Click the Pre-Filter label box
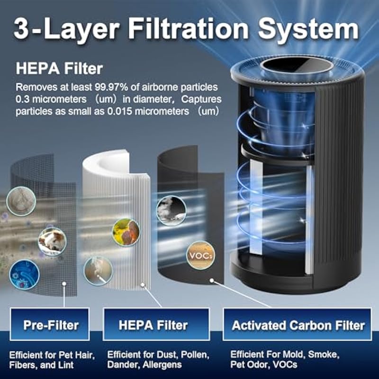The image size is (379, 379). [50, 324]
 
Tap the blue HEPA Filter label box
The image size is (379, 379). [156, 324]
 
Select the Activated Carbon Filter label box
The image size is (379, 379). [297, 324]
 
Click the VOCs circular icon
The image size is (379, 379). [200, 255]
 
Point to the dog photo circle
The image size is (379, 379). [52, 242]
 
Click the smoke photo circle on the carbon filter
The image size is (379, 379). [171, 210]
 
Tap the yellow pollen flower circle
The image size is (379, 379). [126, 232]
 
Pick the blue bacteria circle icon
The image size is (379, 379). [25, 274]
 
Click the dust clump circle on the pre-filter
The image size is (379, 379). [21, 201]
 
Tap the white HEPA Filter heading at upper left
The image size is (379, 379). [59, 68]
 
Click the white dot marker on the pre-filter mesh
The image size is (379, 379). [64, 284]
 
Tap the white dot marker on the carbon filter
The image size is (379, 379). [212, 280]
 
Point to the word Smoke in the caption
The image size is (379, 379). [324, 354]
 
